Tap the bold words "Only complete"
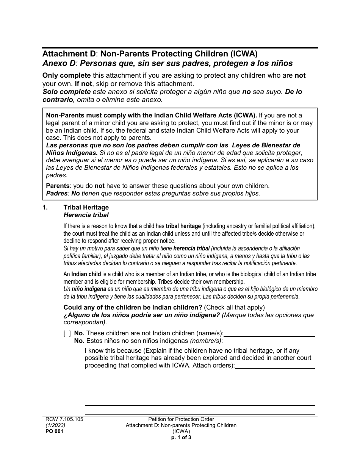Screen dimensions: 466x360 point(66,75)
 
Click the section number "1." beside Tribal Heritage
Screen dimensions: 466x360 point(45,207)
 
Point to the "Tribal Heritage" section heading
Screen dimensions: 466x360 point(86,207)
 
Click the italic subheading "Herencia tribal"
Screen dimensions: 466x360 point(86,215)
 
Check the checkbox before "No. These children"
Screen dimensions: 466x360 point(67,333)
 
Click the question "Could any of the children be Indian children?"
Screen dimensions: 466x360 point(133,307)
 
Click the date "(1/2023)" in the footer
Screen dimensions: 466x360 point(54,425)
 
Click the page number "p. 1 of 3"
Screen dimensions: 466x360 point(181,437)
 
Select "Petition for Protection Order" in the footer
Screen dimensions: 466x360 point(181,419)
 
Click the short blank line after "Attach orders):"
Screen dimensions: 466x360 point(275,366)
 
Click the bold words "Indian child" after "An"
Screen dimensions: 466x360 point(86,274)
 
